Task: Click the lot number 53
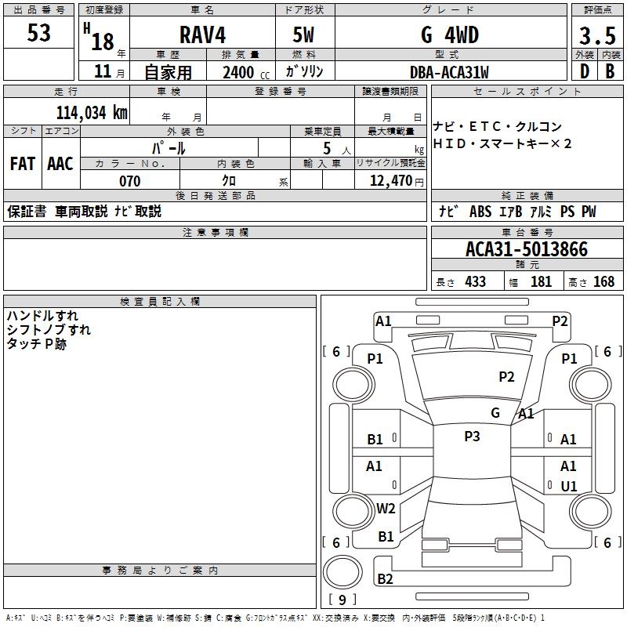[39, 33]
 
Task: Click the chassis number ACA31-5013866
[526, 249]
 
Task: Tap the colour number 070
[129, 181]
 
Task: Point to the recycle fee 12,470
[391, 181]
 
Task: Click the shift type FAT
[23, 164]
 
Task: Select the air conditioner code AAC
[60, 164]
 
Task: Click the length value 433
[475, 281]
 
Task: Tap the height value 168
[603, 281]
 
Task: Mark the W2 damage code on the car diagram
[386, 509]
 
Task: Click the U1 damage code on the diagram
[568, 487]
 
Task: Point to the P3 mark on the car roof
[472, 437]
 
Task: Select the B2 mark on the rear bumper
[386, 579]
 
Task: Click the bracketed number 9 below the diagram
[342, 600]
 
